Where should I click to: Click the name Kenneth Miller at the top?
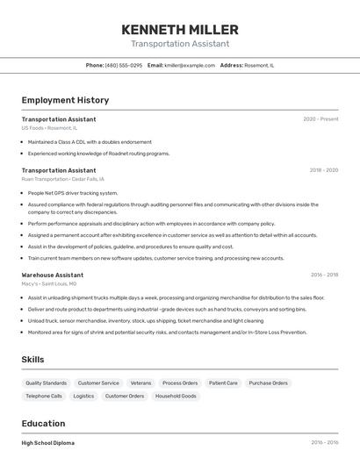180,30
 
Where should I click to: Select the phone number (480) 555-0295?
123,65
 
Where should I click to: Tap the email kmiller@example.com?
190,65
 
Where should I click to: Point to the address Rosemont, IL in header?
259,65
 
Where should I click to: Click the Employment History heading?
65,100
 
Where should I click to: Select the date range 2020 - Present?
320,118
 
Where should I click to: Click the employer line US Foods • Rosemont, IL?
49,128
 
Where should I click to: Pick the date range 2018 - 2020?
323,170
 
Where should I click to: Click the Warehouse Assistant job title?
53,275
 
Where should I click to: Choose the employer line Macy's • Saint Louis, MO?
49,283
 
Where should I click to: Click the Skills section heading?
32,360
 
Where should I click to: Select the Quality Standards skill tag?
46,383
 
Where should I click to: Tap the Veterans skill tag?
140,383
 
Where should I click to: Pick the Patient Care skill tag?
223,383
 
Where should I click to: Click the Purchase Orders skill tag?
268,383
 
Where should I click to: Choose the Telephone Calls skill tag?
44,396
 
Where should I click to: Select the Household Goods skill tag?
176,396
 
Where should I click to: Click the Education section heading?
43,423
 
